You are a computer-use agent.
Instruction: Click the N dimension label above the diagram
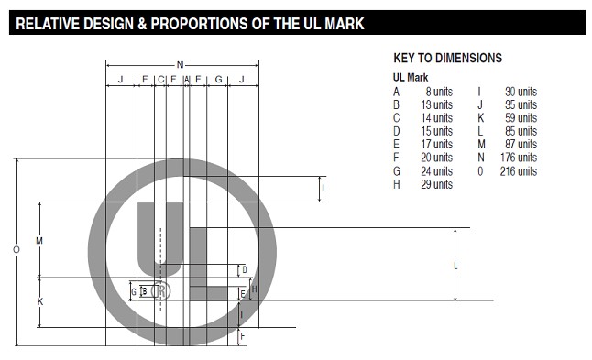point(181,65)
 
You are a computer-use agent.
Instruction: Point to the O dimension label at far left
point(16,249)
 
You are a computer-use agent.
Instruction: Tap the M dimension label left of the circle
point(39,240)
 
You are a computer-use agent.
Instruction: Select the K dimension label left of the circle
point(40,301)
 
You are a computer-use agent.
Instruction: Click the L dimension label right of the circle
point(455,266)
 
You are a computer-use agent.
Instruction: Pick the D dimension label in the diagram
point(245,270)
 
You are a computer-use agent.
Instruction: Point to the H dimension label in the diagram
point(254,289)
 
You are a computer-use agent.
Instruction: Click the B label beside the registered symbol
point(145,291)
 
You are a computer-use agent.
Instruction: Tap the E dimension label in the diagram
point(243,294)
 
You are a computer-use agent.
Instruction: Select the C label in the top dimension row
point(161,80)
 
